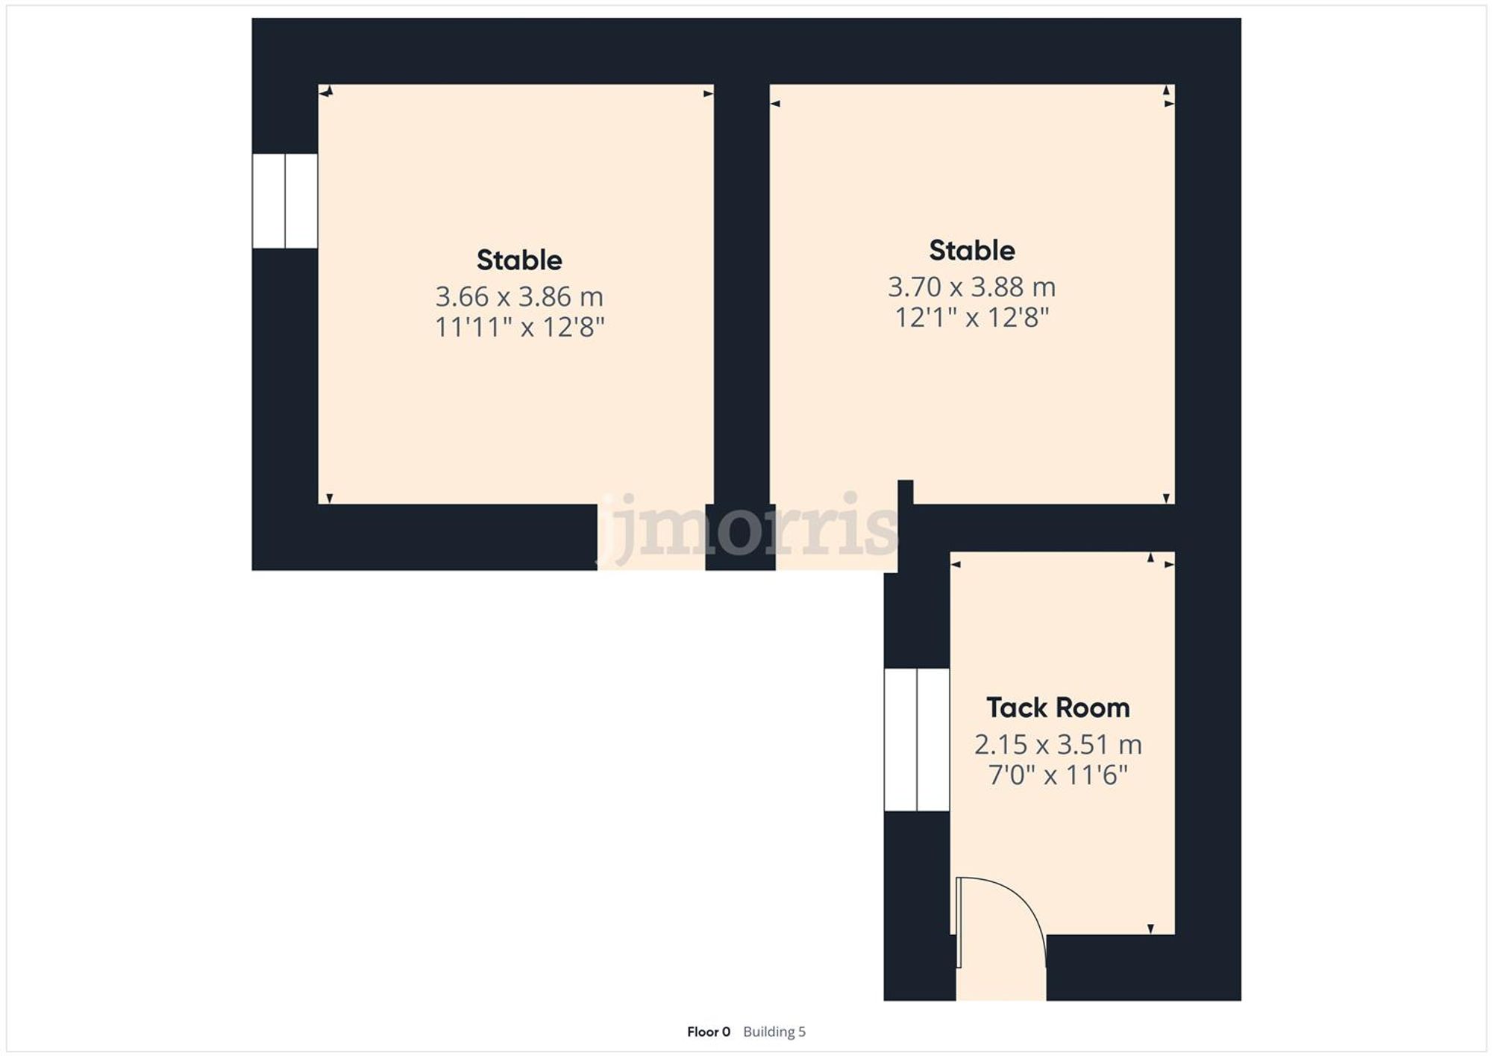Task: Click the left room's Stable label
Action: coord(519,260)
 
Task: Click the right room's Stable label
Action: coord(971,251)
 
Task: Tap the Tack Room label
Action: coord(1057,707)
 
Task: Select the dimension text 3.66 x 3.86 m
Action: coord(519,297)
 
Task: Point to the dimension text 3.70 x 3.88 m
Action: coord(971,287)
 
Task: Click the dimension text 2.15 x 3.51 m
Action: coord(1057,744)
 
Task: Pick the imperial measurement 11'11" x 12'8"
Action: coord(519,328)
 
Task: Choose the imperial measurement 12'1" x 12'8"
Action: coord(971,318)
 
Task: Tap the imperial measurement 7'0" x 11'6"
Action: coord(1057,775)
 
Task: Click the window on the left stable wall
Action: coord(285,201)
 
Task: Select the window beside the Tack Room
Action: coord(917,740)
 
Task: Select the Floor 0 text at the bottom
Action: coord(708,1032)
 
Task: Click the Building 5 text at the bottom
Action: coord(774,1032)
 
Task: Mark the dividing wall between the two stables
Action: coord(742,299)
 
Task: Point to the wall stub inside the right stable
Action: coord(905,493)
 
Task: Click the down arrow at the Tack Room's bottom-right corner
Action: coord(1150,928)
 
